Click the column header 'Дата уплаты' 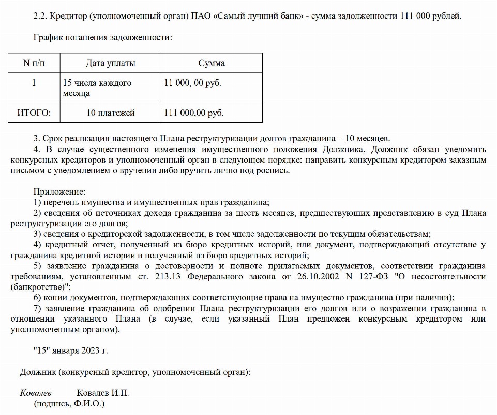110,63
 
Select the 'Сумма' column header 212,63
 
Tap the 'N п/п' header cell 34,63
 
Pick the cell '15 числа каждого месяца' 97,88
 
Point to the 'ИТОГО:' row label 34,113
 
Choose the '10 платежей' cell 110,113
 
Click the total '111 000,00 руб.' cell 193,113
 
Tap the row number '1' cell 34,83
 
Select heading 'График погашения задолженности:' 102,37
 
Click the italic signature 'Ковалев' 36,393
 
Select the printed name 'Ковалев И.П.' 103,393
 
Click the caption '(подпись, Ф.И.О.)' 69,404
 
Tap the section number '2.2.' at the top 40,15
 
